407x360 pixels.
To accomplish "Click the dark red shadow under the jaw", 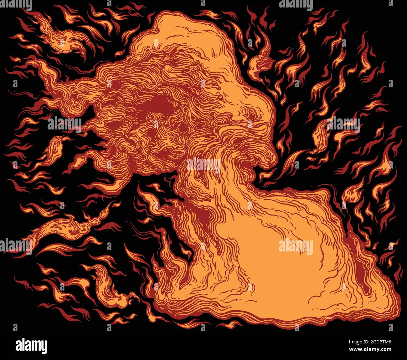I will [203, 213].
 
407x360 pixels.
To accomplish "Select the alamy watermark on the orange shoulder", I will [296, 246].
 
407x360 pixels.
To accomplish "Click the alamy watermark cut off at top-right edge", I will [296, 4].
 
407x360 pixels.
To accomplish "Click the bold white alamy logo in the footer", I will [31, 346].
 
